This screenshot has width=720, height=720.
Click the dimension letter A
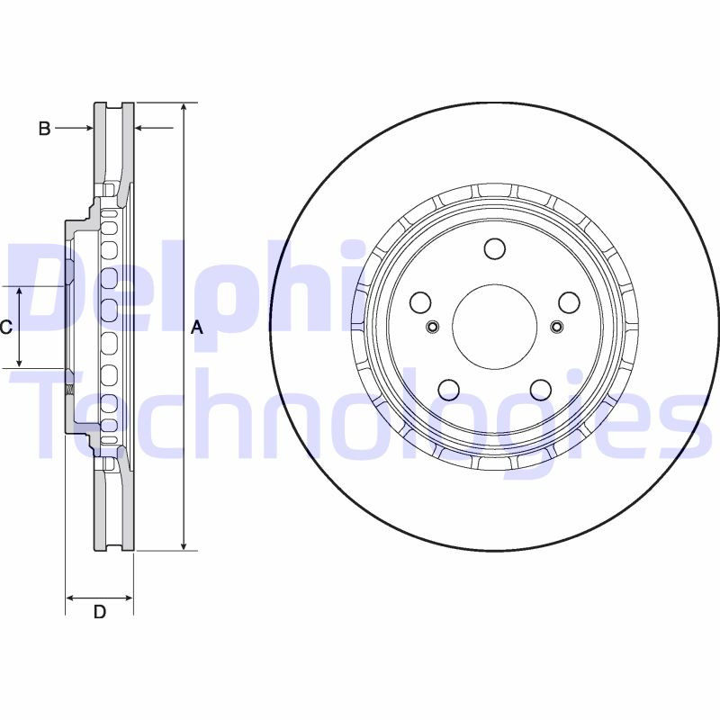[x=198, y=329]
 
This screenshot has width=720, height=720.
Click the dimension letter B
[x=43, y=129]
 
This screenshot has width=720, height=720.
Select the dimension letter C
[x=5, y=328]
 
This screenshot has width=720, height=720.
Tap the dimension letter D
[x=100, y=613]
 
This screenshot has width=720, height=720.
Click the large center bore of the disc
[x=493, y=327]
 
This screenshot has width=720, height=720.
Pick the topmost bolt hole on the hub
[x=493, y=248]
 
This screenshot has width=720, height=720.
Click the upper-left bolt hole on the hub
[x=419, y=302]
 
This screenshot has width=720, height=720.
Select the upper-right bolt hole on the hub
[x=567, y=302]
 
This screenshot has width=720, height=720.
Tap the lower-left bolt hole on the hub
[x=447, y=389]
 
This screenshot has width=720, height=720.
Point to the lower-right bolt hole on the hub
[x=539, y=389]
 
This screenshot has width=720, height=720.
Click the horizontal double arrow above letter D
[x=99, y=597]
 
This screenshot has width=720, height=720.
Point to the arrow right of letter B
[x=153, y=129]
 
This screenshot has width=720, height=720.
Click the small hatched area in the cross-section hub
[x=68, y=389]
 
